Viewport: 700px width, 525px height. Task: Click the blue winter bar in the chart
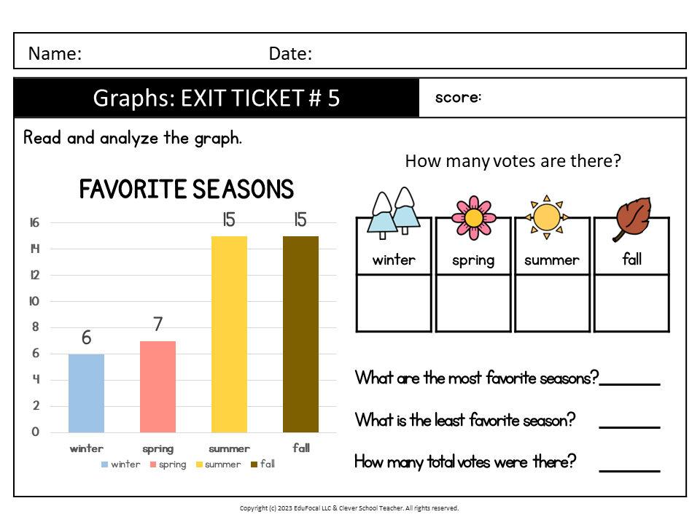click(x=86, y=393)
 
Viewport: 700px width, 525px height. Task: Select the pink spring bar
click(x=157, y=386)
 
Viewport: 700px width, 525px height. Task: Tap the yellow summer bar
click(x=229, y=335)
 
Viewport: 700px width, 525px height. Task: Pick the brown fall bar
click(x=300, y=335)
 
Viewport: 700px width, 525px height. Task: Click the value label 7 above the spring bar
click(x=157, y=324)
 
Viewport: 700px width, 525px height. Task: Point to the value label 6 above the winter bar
click(x=86, y=338)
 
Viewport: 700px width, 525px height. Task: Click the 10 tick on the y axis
click(x=34, y=301)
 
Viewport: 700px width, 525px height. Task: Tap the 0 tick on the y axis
click(x=35, y=432)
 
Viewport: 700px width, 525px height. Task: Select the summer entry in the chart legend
click(x=218, y=464)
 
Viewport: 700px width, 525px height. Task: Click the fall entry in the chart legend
click(x=263, y=464)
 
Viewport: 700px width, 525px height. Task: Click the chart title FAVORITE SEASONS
click(x=187, y=189)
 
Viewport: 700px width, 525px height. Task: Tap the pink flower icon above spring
click(x=473, y=218)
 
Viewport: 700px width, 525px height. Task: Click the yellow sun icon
click(x=546, y=217)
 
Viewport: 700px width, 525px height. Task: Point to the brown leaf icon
click(x=632, y=219)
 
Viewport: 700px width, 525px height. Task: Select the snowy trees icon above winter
click(x=393, y=214)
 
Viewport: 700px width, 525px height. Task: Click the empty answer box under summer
click(x=552, y=303)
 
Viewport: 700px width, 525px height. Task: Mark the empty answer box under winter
click(x=394, y=303)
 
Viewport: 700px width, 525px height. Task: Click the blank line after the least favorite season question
click(x=629, y=427)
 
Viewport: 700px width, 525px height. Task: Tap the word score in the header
click(x=458, y=97)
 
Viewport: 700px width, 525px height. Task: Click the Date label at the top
click(x=290, y=53)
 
